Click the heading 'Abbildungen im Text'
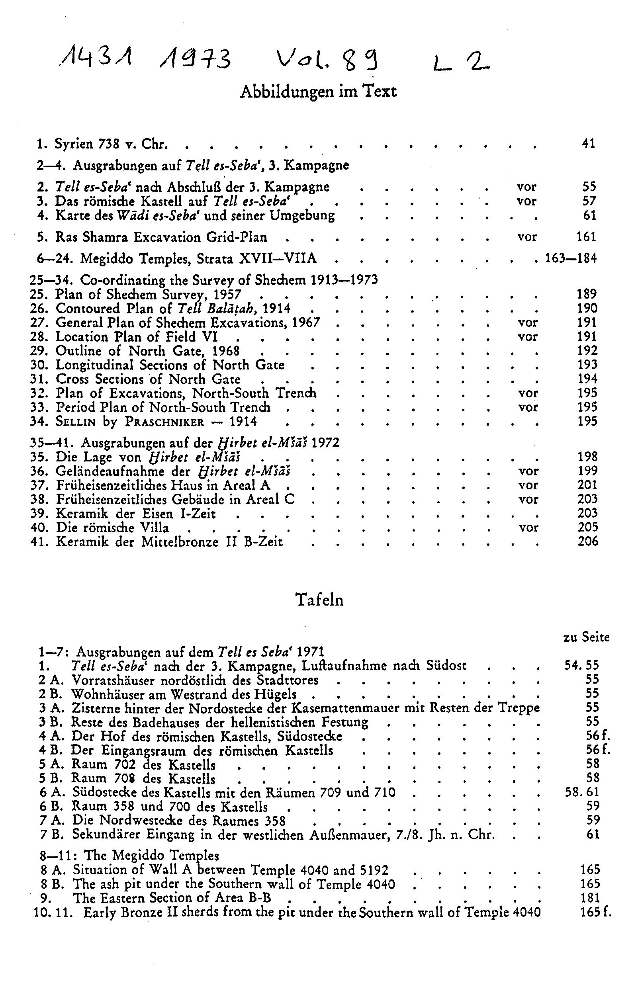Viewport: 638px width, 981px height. [318, 92]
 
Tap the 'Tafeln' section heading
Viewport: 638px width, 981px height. [320, 600]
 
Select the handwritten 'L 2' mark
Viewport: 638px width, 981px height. [461, 63]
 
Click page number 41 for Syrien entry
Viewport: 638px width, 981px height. [589, 144]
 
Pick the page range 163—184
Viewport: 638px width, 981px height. [571, 259]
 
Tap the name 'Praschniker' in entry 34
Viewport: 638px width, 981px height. [165, 422]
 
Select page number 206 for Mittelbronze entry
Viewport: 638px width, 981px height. [588, 541]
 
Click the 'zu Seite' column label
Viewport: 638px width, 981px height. [586, 637]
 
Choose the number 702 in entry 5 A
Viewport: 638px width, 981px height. [124, 764]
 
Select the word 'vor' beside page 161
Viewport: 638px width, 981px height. [527, 237]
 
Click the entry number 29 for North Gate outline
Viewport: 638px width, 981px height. [39, 351]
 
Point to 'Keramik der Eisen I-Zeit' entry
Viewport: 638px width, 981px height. [136, 514]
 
